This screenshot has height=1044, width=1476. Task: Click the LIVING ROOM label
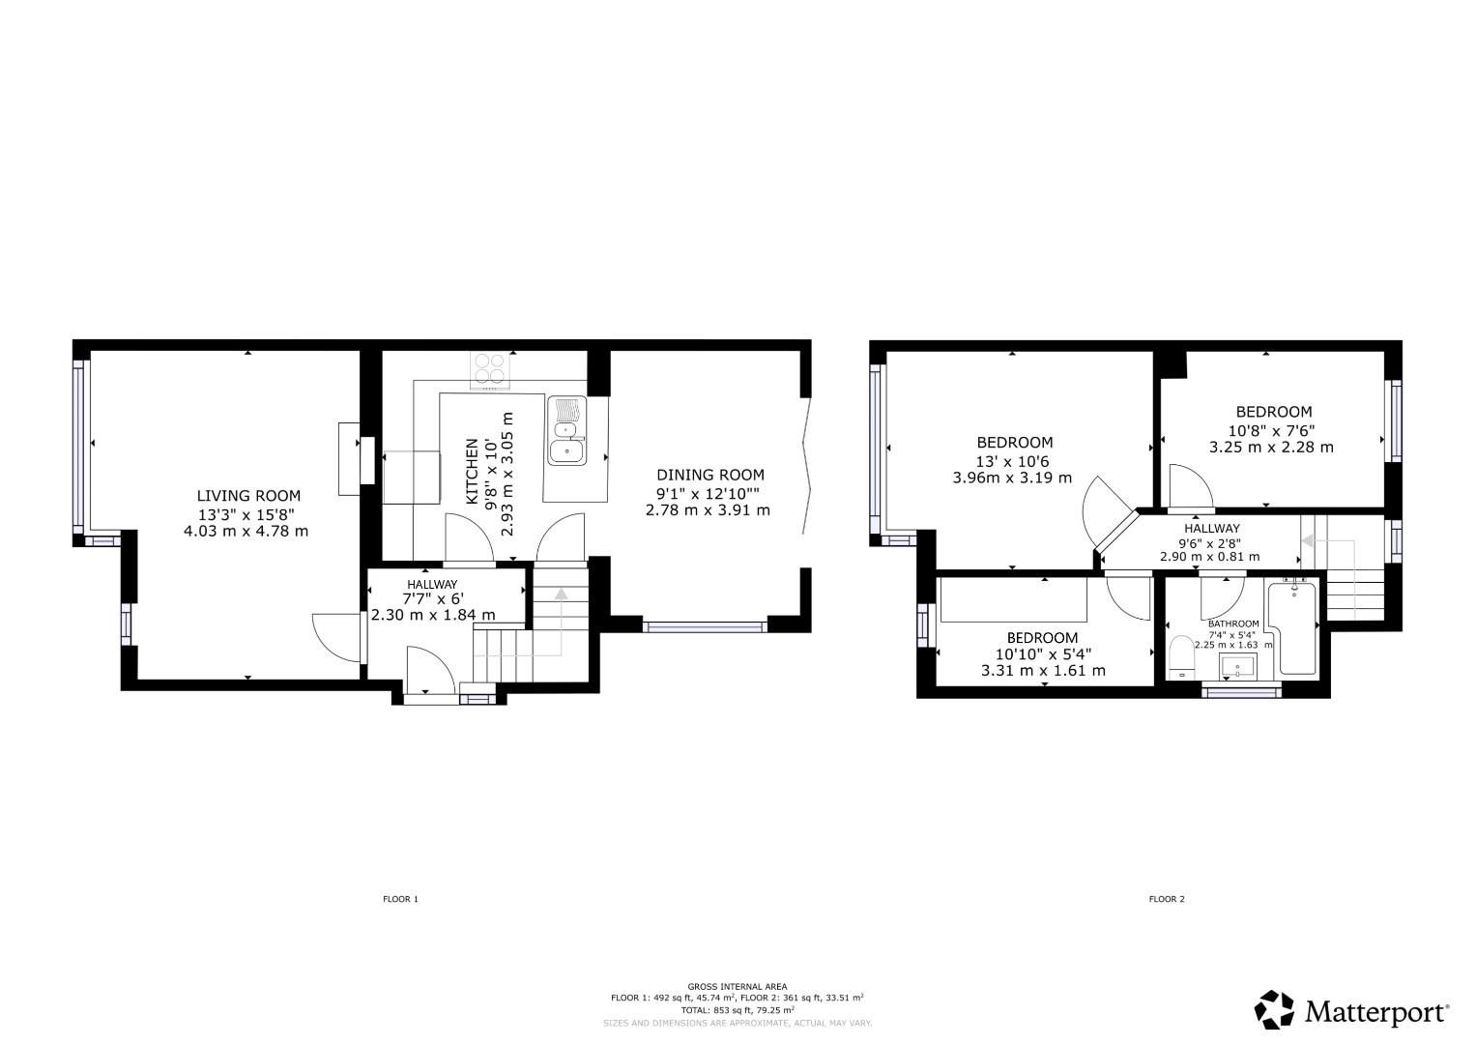pos(248,496)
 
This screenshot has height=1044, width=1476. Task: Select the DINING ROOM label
pos(709,475)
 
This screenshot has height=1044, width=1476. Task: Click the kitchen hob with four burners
pos(490,370)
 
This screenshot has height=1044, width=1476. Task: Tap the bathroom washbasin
pos(1238,666)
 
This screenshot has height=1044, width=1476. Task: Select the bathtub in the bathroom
pos(1293,628)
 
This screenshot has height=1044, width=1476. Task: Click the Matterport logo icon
pos(1274,1010)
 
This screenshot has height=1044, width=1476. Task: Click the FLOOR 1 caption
pos(400,899)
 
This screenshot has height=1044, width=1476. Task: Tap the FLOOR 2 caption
pos(1167,899)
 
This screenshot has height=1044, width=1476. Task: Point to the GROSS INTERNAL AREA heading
pos(737,986)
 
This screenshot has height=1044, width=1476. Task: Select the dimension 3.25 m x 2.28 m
pos(1271,448)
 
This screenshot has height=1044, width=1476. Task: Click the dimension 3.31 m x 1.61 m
pos(1043,671)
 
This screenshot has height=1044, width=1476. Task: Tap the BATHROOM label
pos(1232,623)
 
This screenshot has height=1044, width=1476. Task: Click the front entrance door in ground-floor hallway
pos(429,671)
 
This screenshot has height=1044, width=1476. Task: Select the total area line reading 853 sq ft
pos(737,1010)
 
